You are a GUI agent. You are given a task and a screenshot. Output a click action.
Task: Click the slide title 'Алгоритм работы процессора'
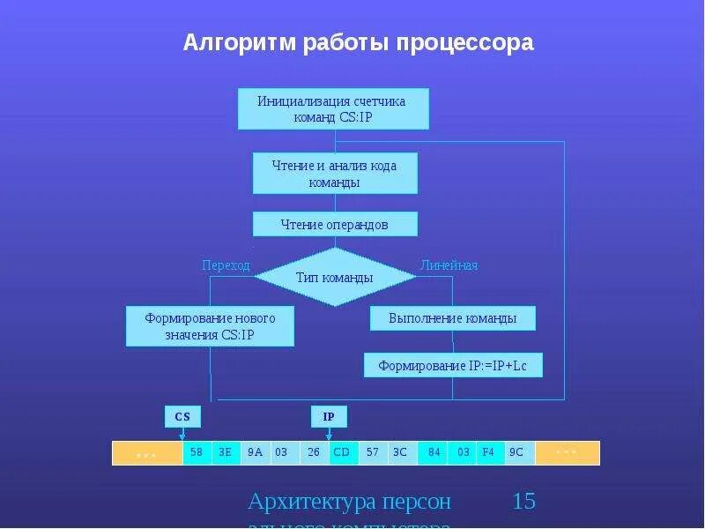358,42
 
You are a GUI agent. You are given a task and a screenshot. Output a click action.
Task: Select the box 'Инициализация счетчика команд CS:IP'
333,108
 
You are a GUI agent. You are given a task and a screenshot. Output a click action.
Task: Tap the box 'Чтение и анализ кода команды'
335,174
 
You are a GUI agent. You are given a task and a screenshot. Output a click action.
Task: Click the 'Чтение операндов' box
335,225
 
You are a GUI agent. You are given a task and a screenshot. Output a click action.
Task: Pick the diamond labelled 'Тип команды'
335,277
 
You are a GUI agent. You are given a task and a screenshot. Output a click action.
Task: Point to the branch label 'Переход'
226,264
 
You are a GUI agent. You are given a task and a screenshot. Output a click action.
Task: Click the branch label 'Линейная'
449,264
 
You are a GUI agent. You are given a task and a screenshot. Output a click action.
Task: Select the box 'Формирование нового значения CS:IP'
210,326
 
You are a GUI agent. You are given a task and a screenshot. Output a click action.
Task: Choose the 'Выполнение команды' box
453,318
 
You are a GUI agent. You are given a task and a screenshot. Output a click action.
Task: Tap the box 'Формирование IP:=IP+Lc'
453,365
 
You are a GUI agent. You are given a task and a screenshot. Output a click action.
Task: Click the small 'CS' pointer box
182,416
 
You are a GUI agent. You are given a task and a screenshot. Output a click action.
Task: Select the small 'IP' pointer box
329,416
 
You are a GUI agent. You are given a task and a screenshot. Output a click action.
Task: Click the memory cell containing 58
197,453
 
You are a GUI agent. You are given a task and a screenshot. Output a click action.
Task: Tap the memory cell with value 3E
226,453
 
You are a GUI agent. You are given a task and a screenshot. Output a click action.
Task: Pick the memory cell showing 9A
255,453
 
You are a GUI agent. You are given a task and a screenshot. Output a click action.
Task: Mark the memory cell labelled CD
342,453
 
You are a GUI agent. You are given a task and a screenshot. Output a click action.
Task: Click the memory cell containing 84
434,453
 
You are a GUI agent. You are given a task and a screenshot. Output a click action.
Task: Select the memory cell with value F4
491,453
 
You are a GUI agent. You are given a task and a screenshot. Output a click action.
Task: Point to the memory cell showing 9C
519,453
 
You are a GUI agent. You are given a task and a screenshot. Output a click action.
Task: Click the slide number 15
523,502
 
